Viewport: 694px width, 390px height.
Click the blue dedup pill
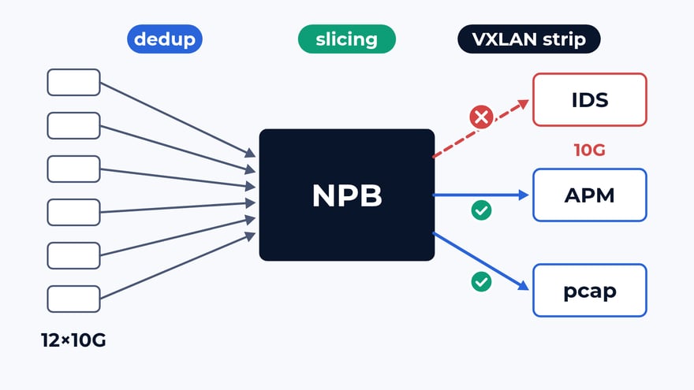pos(165,39)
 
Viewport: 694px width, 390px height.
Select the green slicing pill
pos(346,39)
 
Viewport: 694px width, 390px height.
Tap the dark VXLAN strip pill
pos(529,39)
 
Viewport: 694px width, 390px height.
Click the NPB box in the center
pos(346,195)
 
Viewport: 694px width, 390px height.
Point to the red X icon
pos(481,117)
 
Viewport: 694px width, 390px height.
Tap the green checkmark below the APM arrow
pos(481,210)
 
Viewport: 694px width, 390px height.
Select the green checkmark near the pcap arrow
pos(481,282)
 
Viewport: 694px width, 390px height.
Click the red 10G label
pos(590,150)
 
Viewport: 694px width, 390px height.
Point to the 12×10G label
pos(73,340)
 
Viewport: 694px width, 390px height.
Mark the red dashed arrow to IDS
pos(480,128)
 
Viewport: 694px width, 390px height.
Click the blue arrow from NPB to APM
pos(480,195)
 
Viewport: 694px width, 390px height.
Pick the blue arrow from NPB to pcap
pos(480,262)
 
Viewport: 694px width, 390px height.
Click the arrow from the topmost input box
pos(178,120)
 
